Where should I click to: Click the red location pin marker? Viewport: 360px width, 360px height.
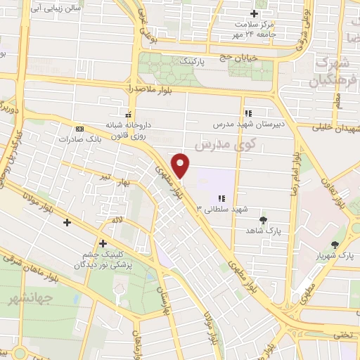[181, 165]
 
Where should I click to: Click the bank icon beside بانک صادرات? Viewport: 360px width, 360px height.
[79, 129]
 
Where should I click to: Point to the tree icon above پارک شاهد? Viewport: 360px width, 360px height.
[264, 220]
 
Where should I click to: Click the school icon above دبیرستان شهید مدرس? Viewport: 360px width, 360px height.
[247, 112]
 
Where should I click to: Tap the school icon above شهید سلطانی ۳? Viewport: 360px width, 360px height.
[222, 198]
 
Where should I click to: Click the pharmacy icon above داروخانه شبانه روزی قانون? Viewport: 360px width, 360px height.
[127, 114]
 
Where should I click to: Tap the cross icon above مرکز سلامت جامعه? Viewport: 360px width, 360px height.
[255, 13]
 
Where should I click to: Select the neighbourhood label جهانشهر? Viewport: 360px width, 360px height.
[22, 300]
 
